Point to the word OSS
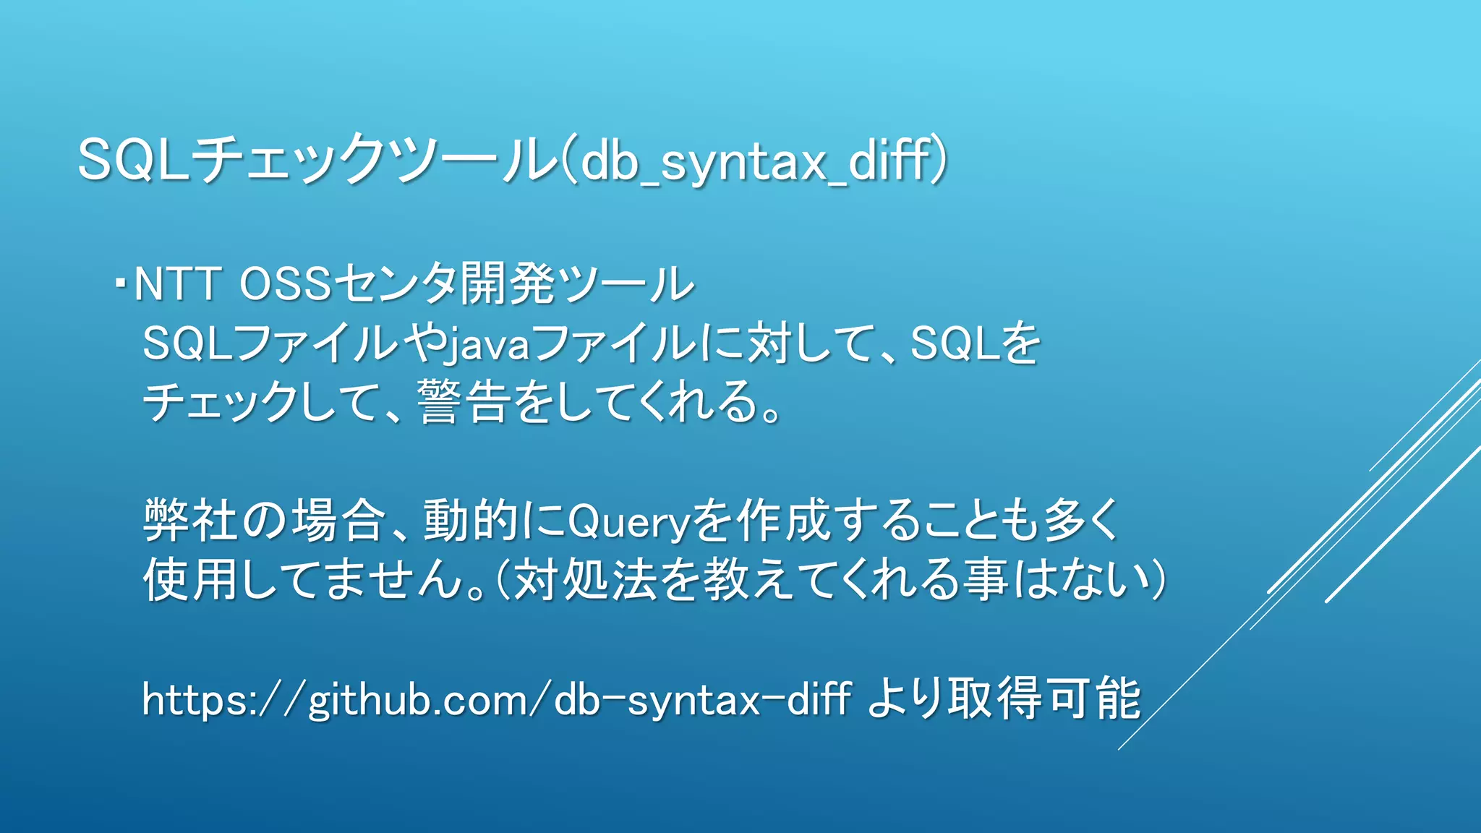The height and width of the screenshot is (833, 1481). pos(286,283)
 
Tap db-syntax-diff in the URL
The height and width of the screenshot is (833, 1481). pos(701,700)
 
